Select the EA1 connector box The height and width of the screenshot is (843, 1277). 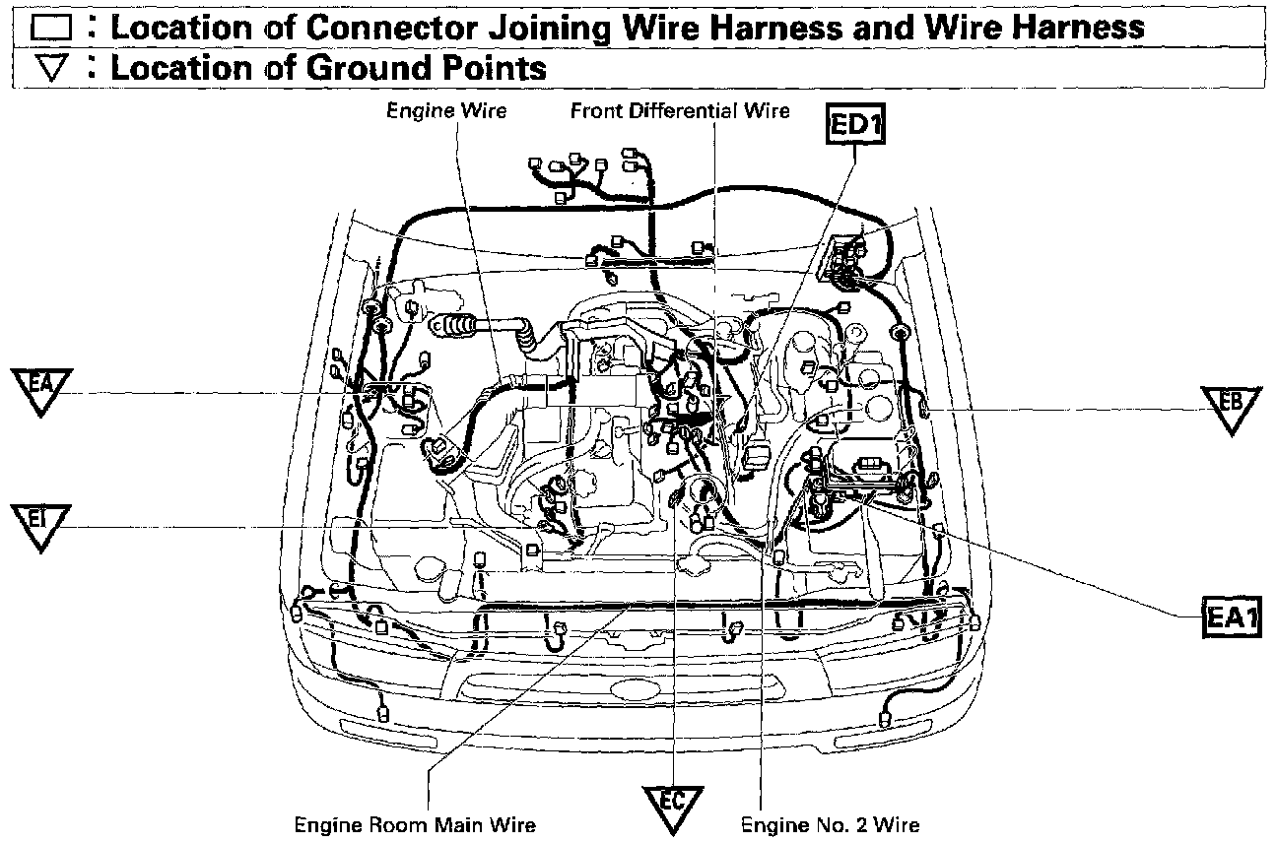pos(1232,617)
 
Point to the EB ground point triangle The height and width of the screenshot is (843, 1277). pos(1232,407)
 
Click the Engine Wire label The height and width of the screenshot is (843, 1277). pos(446,110)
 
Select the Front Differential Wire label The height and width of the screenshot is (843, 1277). pos(680,110)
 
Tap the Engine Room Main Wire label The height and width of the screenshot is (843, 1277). pos(416,824)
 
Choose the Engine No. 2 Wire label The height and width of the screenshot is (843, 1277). pos(830,824)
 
